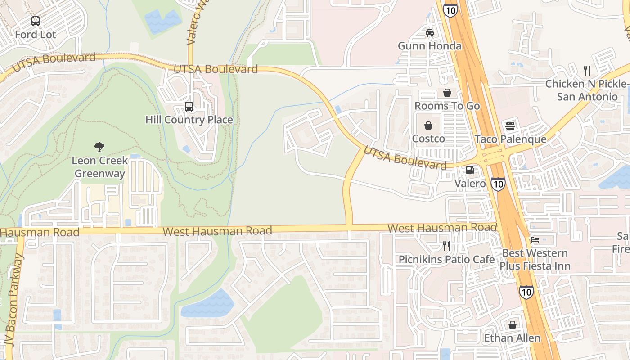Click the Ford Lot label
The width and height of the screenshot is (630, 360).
(36, 35)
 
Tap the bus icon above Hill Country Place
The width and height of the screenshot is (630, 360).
(189, 107)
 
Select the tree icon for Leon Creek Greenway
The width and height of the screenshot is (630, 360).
(99, 147)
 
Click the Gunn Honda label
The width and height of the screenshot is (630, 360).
(430, 46)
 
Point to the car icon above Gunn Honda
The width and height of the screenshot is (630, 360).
(430, 33)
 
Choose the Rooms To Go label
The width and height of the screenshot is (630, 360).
(447, 106)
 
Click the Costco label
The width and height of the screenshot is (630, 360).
(428, 139)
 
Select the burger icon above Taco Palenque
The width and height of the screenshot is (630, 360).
(510, 126)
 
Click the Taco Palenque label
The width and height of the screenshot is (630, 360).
(510, 139)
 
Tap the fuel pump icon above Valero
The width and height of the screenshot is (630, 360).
(470, 170)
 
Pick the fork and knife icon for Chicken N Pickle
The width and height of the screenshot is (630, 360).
(587, 71)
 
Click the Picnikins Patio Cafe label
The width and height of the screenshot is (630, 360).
(446, 259)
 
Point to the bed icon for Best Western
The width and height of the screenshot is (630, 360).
(535, 240)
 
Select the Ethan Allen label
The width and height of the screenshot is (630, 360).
(512, 337)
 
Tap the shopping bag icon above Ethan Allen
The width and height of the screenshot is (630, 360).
(512, 325)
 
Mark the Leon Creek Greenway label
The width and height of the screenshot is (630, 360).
(100, 167)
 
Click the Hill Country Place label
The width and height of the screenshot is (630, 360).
(189, 120)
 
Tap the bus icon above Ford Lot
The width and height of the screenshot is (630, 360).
(36, 21)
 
